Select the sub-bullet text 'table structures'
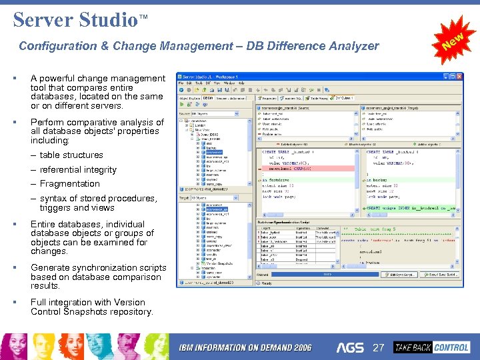71,155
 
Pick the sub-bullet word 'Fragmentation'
69,184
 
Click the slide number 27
379,347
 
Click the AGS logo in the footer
350,347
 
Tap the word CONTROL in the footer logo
451,347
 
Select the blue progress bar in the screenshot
327,274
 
